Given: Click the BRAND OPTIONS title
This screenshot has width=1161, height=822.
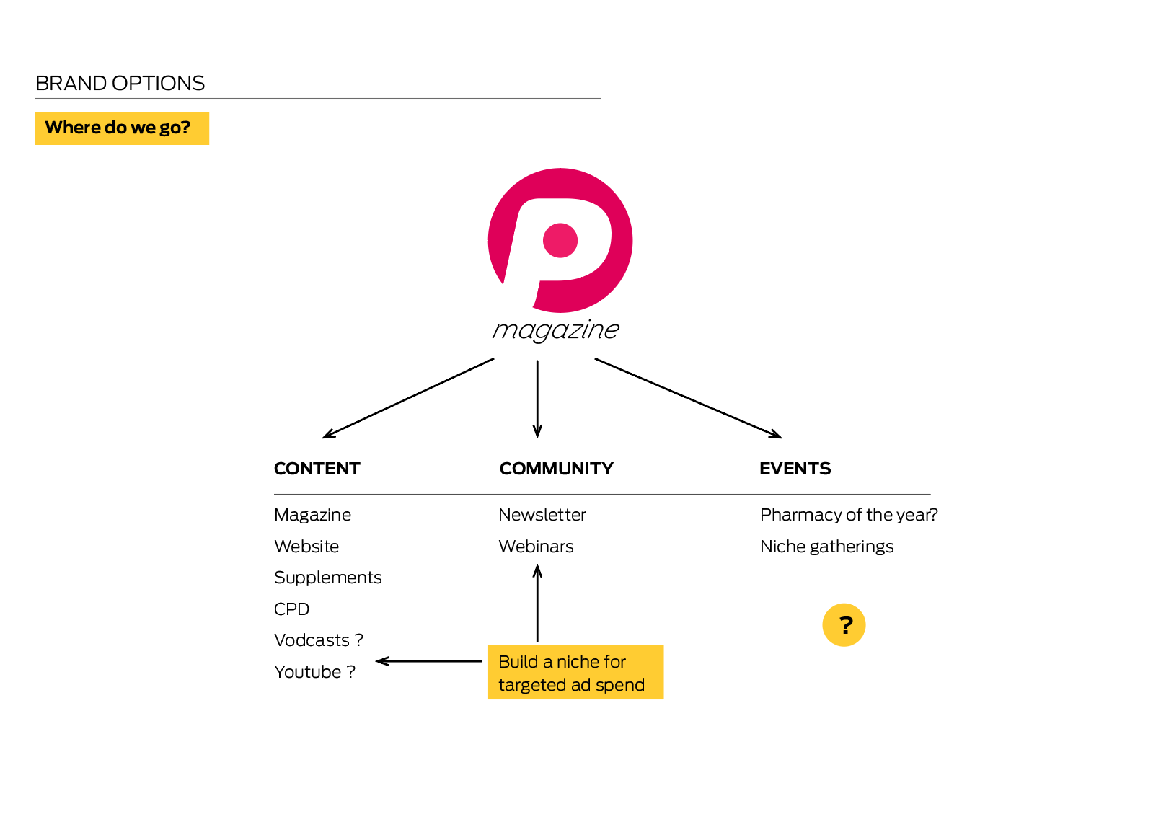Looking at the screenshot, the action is [x=120, y=84].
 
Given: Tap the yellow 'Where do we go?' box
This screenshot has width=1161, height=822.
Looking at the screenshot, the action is [x=122, y=128].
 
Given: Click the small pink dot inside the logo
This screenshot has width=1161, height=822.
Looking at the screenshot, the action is [x=560, y=241].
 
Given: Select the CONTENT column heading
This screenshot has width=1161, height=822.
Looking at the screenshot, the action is [x=317, y=469].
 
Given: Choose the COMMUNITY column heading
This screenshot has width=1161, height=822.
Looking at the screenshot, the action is [x=557, y=469].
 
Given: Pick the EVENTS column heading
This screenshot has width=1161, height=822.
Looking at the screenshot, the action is [x=795, y=469].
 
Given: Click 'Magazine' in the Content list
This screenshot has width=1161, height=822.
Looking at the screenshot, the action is [x=312, y=515].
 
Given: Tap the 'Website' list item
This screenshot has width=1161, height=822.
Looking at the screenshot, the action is [x=306, y=547].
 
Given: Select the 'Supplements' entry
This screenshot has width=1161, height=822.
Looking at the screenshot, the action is [x=327, y=578].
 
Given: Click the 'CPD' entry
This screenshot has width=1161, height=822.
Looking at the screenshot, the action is [x=291, y=609].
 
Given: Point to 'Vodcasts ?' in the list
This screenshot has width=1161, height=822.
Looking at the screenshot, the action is [x=319, y=640].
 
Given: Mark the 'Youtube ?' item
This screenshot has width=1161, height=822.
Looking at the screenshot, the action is [x=314, y=672].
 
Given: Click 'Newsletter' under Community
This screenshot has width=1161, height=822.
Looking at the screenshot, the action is [x=542, y=515].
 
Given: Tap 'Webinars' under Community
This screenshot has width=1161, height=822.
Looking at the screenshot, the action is [x=536, y=547].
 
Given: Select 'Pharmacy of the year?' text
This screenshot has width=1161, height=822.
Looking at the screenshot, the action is [x=849, y=515].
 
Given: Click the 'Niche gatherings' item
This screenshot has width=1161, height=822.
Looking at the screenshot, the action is [x=826, y=547].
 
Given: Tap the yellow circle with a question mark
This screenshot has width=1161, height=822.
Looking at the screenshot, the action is [x=844, y=625].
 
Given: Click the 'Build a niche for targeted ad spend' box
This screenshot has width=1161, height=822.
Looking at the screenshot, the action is [x=576, y=673].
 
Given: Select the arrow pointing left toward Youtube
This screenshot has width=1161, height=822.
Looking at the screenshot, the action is [x=428, y=661].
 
